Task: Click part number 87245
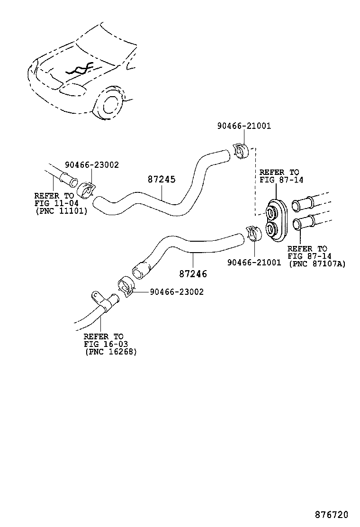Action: pyautogui.click(x=161, y=180)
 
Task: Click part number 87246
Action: pyautogui.click(x=193, y=273)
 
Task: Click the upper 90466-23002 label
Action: pyautogui.click(x=92, y=165)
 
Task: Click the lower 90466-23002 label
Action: pyautogui.click(x=176, y=292)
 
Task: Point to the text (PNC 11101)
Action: pyautogui.click(x=61, y=211)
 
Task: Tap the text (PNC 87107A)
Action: pyautogui.click(x=317, y=264)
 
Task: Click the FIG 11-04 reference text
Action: pyautogui.click(x=56, y=203)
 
